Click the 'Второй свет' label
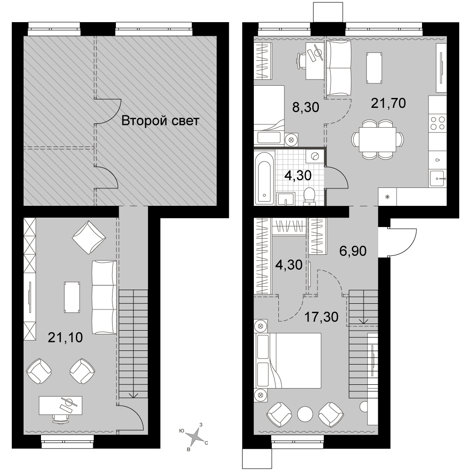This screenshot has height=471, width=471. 160,121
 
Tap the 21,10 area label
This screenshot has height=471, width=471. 65,338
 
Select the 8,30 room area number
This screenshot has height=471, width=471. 306,107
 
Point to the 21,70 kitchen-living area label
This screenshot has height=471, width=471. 389,103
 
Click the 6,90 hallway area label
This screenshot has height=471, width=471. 353,251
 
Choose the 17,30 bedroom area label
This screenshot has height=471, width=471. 321,317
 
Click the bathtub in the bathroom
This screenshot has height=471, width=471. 264,178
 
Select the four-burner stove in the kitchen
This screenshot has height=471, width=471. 438,123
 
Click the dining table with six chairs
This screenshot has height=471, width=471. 378,139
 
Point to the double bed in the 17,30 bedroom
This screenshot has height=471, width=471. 288,360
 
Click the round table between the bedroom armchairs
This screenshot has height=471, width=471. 305,414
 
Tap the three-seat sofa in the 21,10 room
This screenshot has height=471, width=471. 104,297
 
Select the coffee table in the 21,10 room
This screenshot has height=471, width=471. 72,297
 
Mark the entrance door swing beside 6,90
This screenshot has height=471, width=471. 402,243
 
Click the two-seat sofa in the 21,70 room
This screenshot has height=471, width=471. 339,68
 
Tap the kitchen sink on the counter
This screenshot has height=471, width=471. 438,179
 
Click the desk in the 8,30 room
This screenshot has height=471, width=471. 315,61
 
